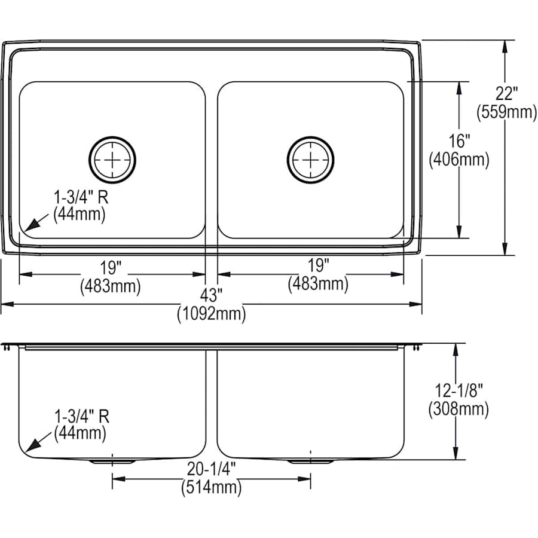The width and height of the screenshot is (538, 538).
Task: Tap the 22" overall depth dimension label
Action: (506, 94)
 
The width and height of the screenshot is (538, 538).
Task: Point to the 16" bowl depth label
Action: (459, 142)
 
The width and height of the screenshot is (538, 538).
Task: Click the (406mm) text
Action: (459, 159)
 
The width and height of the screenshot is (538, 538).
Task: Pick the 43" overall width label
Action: (211, 295)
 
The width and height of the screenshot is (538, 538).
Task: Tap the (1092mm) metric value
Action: (211, 313)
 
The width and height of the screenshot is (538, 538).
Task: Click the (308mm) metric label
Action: (458, 409)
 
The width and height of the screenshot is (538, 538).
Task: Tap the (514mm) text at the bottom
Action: (211, 488)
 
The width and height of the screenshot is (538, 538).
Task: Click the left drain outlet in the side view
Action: (112, 461)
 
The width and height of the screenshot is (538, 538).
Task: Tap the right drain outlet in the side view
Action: (310, 461)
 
